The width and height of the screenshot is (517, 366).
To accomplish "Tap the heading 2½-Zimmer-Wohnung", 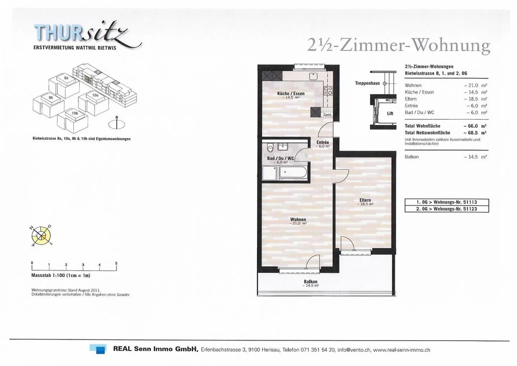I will tap(399, 46).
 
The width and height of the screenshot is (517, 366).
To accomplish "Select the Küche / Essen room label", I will tap(290, 94).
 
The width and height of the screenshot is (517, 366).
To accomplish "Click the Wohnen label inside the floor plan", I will tap(298, 219).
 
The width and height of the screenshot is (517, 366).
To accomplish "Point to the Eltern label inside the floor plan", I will tap(365, 200).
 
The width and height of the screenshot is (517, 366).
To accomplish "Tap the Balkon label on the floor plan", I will tap(311, 282).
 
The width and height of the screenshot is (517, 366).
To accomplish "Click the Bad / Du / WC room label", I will tap(280, 158).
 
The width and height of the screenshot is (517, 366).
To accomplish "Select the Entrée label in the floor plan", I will tap(323, 143).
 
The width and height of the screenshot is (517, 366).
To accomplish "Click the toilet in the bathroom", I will tap(270, 148).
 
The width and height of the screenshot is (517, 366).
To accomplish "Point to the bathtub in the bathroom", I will tap(293, 172).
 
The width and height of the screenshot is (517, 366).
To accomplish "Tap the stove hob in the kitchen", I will tap(328, 91).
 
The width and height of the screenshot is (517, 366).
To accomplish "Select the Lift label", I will tap(390, 113).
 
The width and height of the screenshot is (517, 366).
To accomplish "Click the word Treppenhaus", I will tap(367, 83).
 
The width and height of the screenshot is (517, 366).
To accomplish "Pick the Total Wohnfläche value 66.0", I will tap(474, 126).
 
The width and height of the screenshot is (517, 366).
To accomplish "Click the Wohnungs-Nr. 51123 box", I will tap(447, 209).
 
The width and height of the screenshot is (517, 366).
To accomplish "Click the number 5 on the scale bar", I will tap(116, 263).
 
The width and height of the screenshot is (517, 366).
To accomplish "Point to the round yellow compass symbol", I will tap(41, 236).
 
